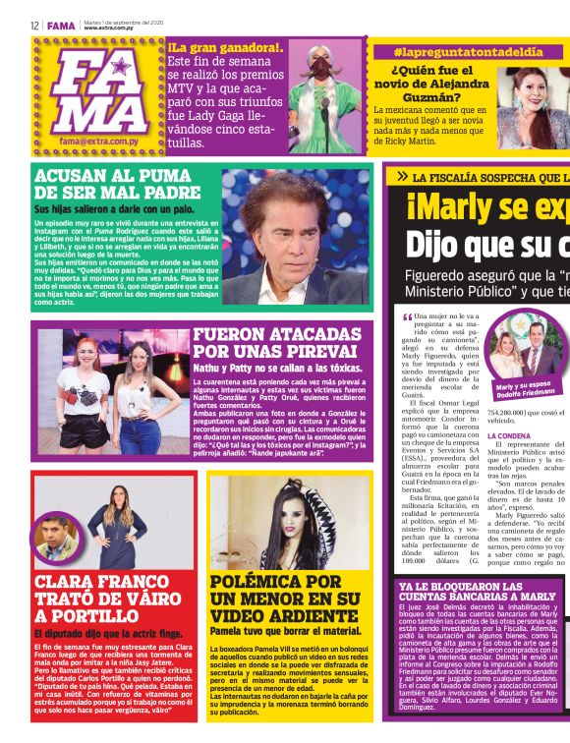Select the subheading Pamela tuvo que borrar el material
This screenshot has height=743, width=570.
(x=285, y=630)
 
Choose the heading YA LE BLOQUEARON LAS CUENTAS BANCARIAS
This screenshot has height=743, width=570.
(x=477, y=593)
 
